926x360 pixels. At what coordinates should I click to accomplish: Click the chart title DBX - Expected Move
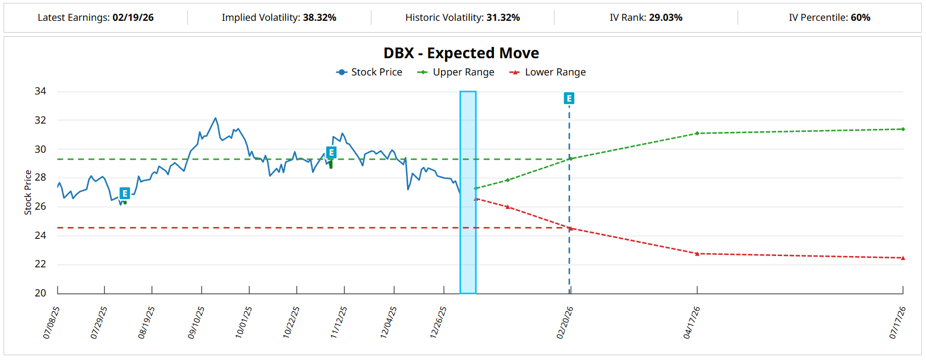pyautogui.click(x=461, y=53)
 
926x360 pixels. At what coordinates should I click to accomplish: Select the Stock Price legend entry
pyautogui.click(x=369, y=72)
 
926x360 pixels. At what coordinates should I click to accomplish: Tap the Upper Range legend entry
pyautogui.click(x=456, y=72)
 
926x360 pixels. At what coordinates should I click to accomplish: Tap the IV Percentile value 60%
pyautogui.click(x=861, y=18)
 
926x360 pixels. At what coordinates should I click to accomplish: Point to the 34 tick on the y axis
pyautogui.click(x=42, y=91)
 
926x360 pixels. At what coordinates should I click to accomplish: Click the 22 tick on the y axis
pyautogui.click(x=42, y=265)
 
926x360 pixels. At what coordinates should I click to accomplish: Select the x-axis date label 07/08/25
pyautogui.click(x=52, y=323)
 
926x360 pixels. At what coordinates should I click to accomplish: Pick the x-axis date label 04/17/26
pyautogui.click(x=691, y=323)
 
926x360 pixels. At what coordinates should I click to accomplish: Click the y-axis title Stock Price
pyautogui.click(x=28, y=192)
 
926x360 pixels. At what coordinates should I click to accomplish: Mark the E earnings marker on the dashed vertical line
pyautogui.click(x=569, y=99)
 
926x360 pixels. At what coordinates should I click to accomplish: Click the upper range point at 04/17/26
pyautogui.click(x=697, y=133)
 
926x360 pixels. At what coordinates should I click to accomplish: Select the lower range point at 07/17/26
pyautogui.click(x=903, y=258)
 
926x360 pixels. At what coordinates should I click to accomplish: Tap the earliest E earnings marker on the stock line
pyautogui.click(x=124, y=193)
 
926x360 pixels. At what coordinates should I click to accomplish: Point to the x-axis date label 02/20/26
pyautogui.click(x=564, y=323)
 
